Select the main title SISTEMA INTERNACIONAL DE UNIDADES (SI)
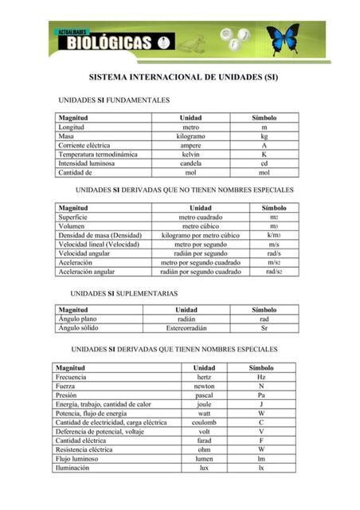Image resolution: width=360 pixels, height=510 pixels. pyautogui.click(x=182, y=80)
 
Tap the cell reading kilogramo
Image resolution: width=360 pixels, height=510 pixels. pyautogui.click(x=190, y=136)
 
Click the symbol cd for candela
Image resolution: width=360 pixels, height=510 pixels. pyautogui.click(x=264, y=163)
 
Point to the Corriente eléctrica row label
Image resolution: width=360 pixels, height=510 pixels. pyautogui.click(x=84, y=146)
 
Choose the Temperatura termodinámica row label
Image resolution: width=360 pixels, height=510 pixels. pyautogui.click(x=98, y=155)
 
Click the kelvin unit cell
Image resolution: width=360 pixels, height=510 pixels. pyautogui.click(x=190, y=155)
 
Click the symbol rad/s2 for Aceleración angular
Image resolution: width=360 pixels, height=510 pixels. pyautogui.click(x=274, y=272)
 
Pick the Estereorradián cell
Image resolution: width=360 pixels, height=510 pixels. pyautogui.click(x=186, y=328)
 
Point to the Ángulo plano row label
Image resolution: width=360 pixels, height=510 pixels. pyautogui.click(x=78, y=319)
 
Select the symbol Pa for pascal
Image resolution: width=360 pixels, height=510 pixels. pyautogui.click(x=261, y=395)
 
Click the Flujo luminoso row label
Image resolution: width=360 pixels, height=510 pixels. pyautogui.click(x=77, y=459)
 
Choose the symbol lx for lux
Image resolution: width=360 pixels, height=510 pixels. pyautogui.click(x=261, y=468)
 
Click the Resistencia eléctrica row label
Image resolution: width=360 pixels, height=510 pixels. pyautogui.click(x=84, y=449)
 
